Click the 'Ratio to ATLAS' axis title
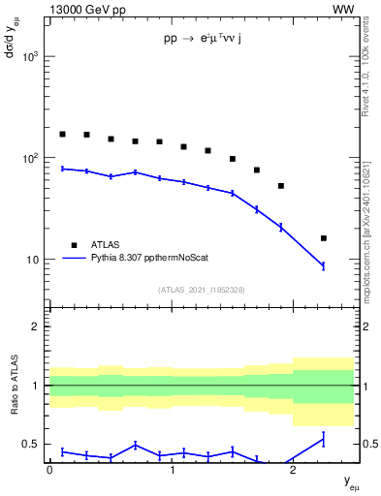pyautogui.click(x=14, y=401)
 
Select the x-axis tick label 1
pyautogui.click(x=172, y=469)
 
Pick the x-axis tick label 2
pyautogui.click(x=293, y=469)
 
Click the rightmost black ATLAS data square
pyautogui.click(x=324, y=238)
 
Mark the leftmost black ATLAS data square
pyautogui.click(x=63, y=135)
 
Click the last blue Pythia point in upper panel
pyautogui.click(x=324, y=265)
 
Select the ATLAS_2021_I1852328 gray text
pyautogui.click(x=202, y=290)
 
